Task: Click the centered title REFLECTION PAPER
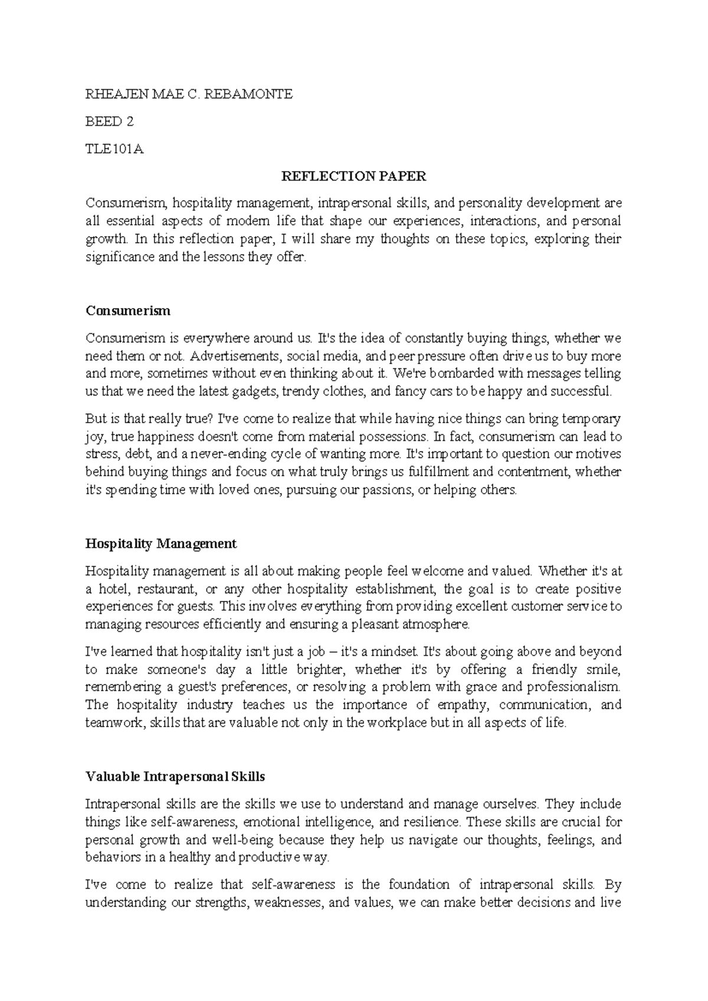tap(353, 176)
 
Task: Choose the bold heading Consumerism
tap(128, 310)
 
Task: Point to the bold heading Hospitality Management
tap(161, 543)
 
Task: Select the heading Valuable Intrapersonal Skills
tap(175, 776)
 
